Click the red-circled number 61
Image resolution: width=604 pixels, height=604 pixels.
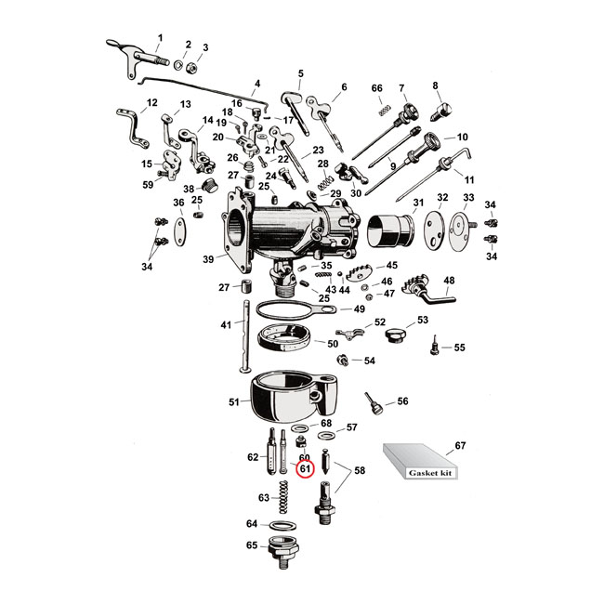coord(304,470)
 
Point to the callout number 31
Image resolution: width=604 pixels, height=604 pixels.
coord(418,203)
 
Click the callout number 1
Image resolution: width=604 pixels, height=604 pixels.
coord(159,37)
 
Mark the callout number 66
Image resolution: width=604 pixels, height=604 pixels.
coord(376,88)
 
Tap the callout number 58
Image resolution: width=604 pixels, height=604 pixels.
coord(360,471)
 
